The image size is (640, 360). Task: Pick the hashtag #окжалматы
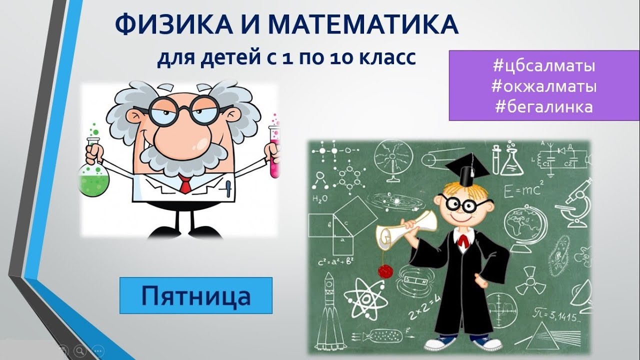tap(543, 87)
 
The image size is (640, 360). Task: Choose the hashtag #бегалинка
tap(543, 107)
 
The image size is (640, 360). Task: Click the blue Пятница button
tap(195, 295)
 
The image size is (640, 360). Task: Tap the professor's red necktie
tap(185, 184)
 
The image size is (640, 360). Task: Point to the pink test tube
tap(274, 150)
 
